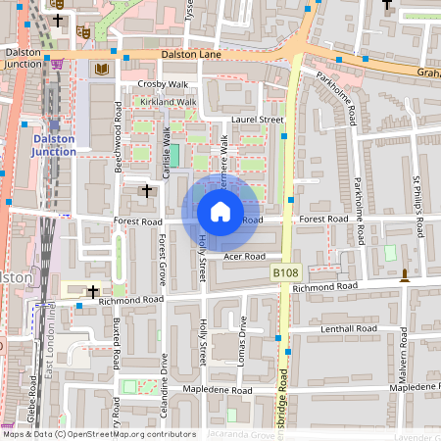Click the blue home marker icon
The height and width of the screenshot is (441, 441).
coord(220,212)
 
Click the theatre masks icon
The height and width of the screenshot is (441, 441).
coord(83,32)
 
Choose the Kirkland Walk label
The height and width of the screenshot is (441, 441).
coord(168,102)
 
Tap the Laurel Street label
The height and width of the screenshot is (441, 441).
coord(257,120)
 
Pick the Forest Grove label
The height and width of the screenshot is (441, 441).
coord(163,259)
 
